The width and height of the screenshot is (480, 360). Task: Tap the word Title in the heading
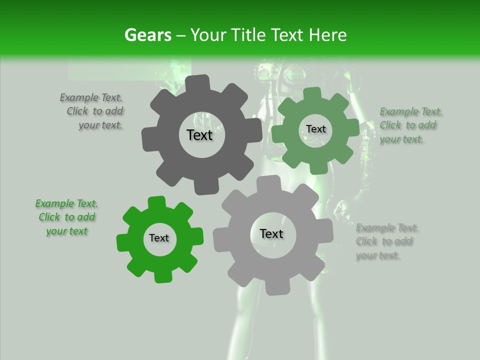coord(248,35)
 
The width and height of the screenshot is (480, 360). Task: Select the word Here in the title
coord(328,35)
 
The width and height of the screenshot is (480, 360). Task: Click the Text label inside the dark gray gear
coord(200,135)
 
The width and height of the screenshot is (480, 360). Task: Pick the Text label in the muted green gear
coord(315,129)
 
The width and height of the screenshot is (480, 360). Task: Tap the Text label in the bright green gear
coord(159,238)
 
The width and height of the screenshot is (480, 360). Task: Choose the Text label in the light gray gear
coord(271,234)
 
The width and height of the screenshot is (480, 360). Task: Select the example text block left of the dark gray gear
coord(92,111)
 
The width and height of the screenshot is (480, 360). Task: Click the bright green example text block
coord(66,217)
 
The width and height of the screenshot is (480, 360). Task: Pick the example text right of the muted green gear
coord(409,125)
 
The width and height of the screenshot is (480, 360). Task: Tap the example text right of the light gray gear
coord(386,242)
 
